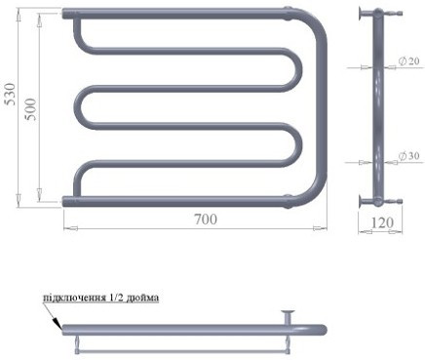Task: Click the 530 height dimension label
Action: pos(11,95)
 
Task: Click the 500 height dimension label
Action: pos(31,109)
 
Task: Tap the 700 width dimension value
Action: pos(206,220)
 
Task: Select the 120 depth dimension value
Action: pos(382,222)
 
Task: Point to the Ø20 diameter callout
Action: pos(409,60)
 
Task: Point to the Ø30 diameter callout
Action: pos(409,156)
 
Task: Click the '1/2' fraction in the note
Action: pos(113,298)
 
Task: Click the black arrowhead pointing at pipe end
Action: pos(58,323)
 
